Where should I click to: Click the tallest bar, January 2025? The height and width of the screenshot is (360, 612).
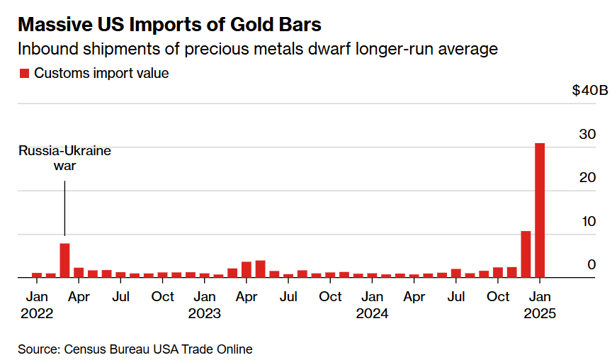(540, 210)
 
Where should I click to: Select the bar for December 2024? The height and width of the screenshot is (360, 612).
(526, 254)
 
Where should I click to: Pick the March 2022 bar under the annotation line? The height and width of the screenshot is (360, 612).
(64, 261)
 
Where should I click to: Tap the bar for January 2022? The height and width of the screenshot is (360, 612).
(37, 275)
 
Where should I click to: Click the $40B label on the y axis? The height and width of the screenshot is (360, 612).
(590, 91)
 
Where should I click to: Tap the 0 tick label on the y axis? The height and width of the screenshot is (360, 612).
(591, 264)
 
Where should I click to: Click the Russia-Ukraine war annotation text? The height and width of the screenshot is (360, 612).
(64, 158)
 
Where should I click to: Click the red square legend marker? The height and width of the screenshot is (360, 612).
(24, 73)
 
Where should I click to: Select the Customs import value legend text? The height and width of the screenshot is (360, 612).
(101, 73)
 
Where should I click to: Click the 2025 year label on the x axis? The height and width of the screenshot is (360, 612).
(539, 313)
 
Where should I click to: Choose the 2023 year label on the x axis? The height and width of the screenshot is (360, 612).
(205, 313)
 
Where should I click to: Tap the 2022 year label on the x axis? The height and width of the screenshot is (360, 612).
(37, 313)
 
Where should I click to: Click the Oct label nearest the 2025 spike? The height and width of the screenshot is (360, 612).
(498, 296)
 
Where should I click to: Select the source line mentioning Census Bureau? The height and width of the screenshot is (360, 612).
(135, 349)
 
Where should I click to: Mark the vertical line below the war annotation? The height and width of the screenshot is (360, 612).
(64, 208)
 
